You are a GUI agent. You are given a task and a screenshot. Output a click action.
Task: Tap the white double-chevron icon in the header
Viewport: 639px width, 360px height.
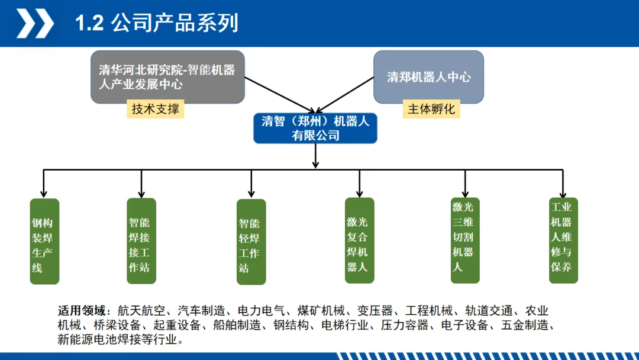tap(35, 24)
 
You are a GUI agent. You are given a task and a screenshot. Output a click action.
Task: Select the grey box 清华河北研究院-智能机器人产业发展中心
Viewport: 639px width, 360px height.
tap(167, 77)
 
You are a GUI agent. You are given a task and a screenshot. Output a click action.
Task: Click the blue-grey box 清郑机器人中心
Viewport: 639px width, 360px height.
tap(428, 77)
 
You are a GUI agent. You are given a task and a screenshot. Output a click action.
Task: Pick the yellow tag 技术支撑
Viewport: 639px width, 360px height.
tap(155, 110)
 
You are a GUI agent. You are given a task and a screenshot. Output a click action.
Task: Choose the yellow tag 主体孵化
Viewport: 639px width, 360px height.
tap(431, 110)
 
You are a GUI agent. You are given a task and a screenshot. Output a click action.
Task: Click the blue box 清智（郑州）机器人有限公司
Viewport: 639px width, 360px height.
tap(315, 128)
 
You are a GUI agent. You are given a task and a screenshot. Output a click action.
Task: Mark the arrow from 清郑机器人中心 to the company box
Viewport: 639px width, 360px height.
tap(346, 95)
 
